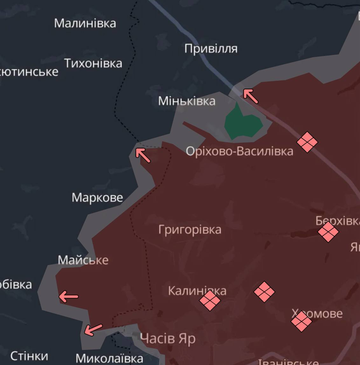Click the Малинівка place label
point(85,23)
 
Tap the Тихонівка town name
point(93,63)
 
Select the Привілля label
point(211,49)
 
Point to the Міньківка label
point(187,101)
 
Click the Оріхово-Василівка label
point(239,151)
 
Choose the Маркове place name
point(97,197)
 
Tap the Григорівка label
point(190,229)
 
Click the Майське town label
point(83,260)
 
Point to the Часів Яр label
point(168,339)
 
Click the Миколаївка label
point(109,358)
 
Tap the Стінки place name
point(29,356)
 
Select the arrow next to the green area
point(251,96)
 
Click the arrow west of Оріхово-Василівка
point(143,155)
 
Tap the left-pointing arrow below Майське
point(68,297)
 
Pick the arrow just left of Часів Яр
point(93,330)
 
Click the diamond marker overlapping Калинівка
point(210,300)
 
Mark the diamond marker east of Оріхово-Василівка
point(307,142)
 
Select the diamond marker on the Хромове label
point(301,321)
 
